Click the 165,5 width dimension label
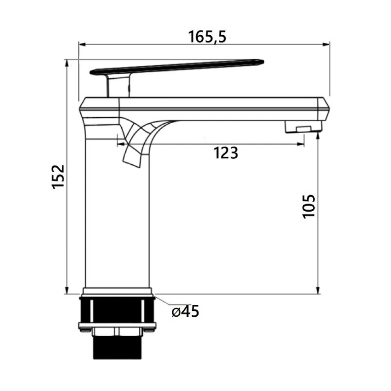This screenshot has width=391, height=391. (x=207, y=37)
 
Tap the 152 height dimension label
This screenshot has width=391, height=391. (x=59, y=176)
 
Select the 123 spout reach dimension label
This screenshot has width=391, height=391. (x=226, y=153)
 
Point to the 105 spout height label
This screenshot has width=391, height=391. (x=309, y=207)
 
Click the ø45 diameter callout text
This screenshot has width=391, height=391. (x=186, y=311)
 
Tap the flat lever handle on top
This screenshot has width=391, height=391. (x=176, y=66)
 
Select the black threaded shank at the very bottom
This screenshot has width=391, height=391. (x=117, y=347)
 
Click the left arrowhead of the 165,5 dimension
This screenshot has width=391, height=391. (x=82, y=44)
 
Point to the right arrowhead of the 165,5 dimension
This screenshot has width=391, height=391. (x=326, y=44)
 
